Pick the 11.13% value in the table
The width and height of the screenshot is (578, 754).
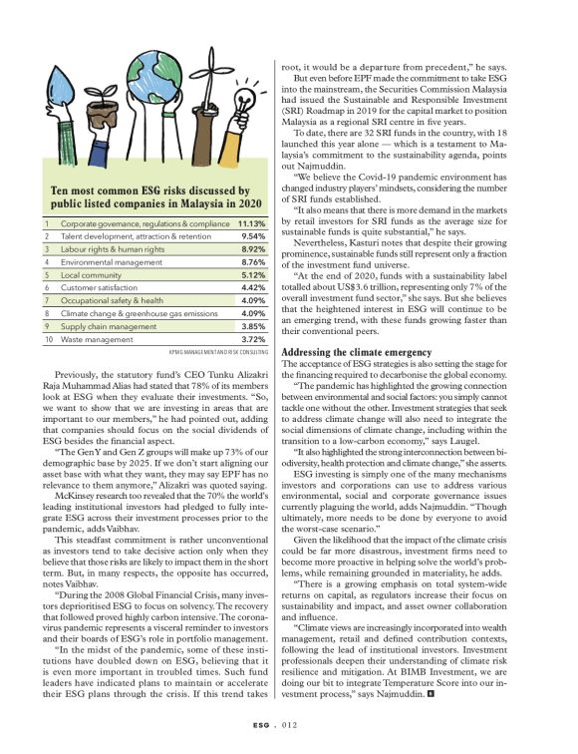coord(250,224)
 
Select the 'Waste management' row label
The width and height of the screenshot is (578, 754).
coord(97,339)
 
